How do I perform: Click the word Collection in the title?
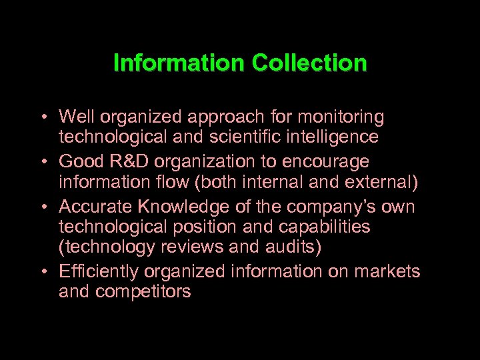tap(309, 63)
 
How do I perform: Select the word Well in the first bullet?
tap(73, 117)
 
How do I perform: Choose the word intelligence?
tap(337, 138)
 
